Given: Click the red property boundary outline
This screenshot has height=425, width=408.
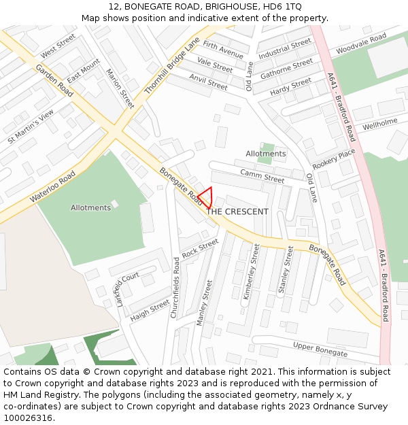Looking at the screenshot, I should tap(205, 197).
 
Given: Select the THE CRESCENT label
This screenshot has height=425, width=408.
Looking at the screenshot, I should tap(237, 211).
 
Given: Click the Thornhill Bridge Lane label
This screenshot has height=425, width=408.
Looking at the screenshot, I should tap(172, 65).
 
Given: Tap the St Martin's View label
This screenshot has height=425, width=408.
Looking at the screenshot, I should tap(31, 126).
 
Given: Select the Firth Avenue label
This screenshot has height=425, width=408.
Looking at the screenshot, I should tap(223, 50).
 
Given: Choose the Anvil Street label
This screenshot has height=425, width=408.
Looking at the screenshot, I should tap(208, 82).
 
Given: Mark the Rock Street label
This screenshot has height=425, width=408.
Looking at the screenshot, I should tap(200, 248).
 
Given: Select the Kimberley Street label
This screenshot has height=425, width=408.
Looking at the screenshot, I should tap(251, 272).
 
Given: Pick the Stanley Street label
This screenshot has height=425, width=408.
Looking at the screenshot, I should tap(286, 269).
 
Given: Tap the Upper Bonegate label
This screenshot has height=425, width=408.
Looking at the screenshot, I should tap(320, 350).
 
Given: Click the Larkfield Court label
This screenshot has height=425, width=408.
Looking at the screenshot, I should tap(127, 289).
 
